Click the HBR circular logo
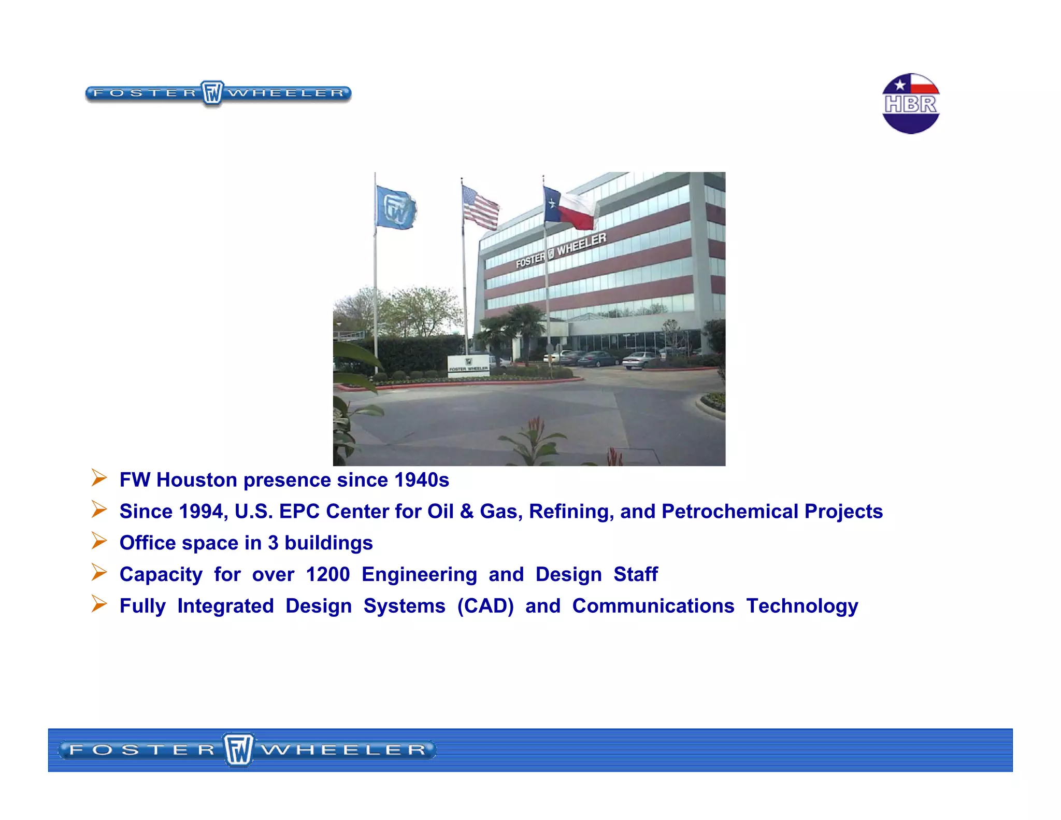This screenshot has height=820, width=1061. [910, 104]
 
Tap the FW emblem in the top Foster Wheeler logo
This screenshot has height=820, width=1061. [212, 93]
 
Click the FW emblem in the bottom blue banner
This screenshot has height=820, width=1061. [239, 750]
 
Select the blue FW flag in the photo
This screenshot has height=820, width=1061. [395, 208]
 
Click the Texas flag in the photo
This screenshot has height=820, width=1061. [570, 208]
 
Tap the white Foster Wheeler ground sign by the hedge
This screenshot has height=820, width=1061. [468, 365]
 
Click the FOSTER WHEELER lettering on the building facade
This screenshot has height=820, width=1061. [561, 250]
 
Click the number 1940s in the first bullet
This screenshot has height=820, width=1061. [421, 480]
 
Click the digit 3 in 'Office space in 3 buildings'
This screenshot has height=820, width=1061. [273, 543]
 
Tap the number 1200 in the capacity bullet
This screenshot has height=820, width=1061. [327, 574]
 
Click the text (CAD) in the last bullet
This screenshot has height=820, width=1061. [485, 606]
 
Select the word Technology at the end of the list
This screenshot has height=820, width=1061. [801, 606]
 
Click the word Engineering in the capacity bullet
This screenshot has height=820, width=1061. [419, 574]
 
